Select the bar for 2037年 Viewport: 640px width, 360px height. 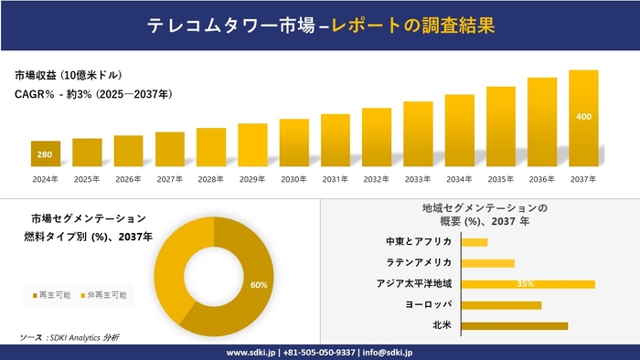click(x=583, y=118)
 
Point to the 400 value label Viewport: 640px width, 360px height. click(x=583, y=117)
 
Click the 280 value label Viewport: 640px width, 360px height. click(x=45, y=154)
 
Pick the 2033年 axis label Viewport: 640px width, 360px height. click(x=418, y=179)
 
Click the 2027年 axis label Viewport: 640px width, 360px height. click(x=169, y=179)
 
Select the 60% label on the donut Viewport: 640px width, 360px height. click(x=259, y=285)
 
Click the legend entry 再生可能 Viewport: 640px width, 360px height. click(x=53, y=295)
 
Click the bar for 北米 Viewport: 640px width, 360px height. click(x=515, y=325)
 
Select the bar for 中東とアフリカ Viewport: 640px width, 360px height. click(x=475, y=242)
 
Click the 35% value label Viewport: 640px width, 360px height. click(x=525, y=283)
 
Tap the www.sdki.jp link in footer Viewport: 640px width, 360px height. click(x=253, y=352)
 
